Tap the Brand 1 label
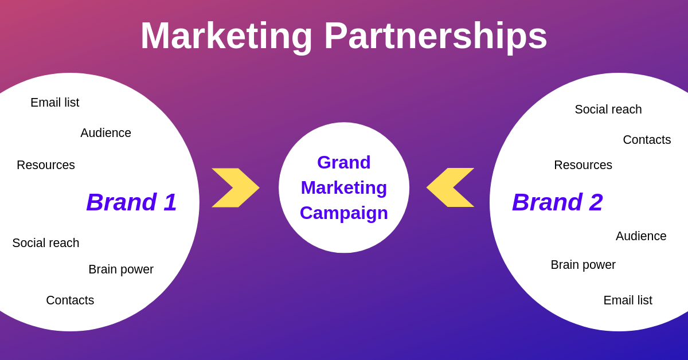pos(131,202)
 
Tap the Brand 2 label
pos(557,202)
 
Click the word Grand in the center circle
pos(344,162)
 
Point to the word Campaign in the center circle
pos(344,213)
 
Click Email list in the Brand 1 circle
pos(55,103)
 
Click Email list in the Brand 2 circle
pos(628,300)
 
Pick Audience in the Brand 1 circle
pos(105,133)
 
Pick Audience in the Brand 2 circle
pos(641,236)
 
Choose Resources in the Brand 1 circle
pos(46,165)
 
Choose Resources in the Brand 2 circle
pos(583,165)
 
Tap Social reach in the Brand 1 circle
pos(46,243)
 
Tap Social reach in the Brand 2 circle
pos(608,109)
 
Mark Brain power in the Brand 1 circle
pos(121,269)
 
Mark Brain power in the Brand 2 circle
pos(583,265)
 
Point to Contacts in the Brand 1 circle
pos(70,300)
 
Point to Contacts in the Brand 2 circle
pos(647,140)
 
